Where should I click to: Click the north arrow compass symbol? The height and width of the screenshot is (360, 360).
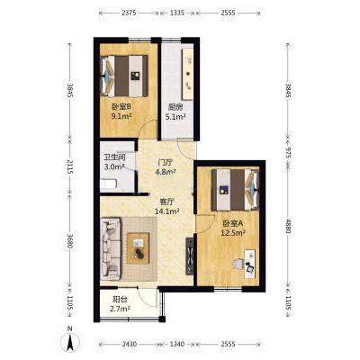point(70,342)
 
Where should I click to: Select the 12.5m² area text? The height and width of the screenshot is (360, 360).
point(233,233)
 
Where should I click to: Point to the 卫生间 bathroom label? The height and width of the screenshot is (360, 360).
point(114,157)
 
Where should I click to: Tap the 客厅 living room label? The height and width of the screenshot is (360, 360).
point(167,202)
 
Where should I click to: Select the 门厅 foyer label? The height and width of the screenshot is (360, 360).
point(166,163)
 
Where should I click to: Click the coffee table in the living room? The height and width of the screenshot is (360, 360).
point(138,248)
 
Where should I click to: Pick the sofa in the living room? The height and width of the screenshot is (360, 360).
point(111,248)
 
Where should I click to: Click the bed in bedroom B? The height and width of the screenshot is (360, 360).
point(124,76)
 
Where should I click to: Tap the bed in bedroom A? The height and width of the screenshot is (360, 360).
point(235,190)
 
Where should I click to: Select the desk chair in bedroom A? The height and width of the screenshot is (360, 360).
point(238,264)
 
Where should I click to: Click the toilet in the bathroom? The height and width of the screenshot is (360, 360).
point(109,184)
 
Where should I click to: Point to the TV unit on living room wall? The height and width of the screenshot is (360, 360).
point(189,256)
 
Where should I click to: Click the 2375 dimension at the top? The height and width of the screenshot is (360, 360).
point(130,13)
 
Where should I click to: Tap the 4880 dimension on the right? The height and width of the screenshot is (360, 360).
point(288,226)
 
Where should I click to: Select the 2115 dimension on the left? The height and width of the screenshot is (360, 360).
point(70,167)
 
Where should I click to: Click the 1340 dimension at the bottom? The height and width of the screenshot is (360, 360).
point(177,344)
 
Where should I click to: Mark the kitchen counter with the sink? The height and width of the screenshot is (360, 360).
point(188,74)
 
